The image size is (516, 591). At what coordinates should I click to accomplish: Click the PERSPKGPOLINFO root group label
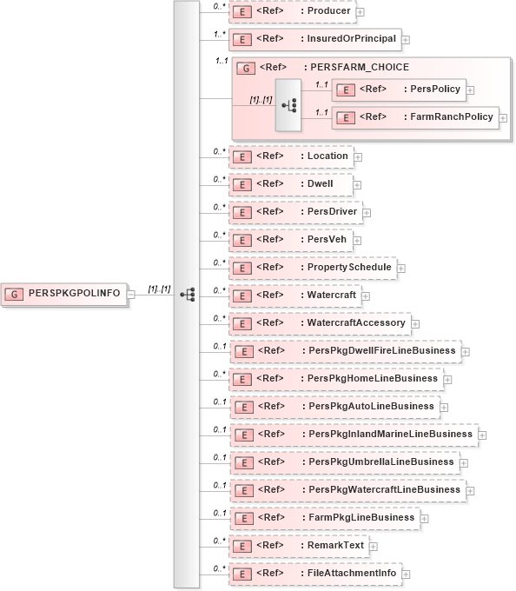[x=75, y=294]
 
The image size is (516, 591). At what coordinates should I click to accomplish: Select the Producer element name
[x=329, y=10]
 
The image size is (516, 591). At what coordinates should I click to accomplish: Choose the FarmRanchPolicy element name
[x=451, y=116]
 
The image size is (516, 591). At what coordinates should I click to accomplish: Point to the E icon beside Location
[x=244, y=156]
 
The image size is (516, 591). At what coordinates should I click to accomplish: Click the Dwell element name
[x=321, y=184]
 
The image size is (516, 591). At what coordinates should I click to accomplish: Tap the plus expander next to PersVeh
[x=357, y=240]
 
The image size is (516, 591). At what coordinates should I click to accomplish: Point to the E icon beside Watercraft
[x=244, y=295]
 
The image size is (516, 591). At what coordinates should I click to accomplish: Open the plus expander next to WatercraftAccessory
[x=414, y=323]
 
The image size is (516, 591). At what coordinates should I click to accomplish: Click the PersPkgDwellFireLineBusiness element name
[x=381, y=350]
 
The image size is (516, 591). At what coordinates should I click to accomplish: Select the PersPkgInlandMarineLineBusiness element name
[x=390, y=434]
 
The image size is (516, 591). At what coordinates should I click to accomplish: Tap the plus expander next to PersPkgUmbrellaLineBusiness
[x=464, y=462]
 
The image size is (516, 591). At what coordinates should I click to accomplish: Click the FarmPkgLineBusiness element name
[x=361, y=517]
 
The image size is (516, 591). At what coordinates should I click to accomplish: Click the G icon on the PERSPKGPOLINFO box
[x=15, y=294]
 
